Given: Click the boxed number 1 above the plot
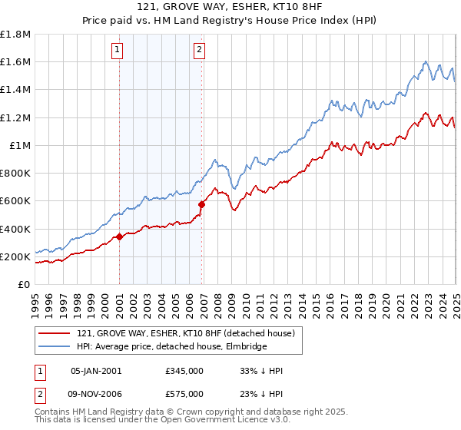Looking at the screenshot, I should click(118, 51).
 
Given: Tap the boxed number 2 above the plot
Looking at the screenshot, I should click(199, 51).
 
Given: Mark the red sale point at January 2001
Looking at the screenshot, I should click(120, 237).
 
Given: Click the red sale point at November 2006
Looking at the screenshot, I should click(202, 205).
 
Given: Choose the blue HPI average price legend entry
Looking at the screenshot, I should click(171, 346).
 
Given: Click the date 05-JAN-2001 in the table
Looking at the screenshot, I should click(96, 371).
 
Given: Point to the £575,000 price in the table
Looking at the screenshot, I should click(184, 393).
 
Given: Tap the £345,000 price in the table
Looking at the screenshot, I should click(184, 371).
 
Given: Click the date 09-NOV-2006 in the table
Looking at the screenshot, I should click(97, 393).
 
